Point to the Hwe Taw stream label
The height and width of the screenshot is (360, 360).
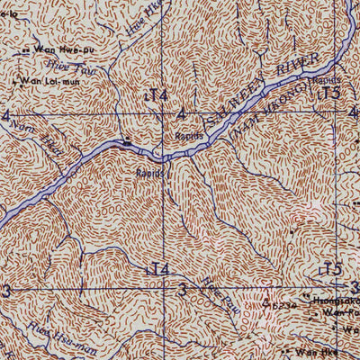point(59,67)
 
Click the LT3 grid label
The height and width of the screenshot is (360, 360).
point(330,93)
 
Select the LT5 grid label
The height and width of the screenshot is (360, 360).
point(331,269)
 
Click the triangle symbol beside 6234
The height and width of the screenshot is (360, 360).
point(266,304)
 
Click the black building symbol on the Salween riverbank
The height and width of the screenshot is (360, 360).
point(129,140)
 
